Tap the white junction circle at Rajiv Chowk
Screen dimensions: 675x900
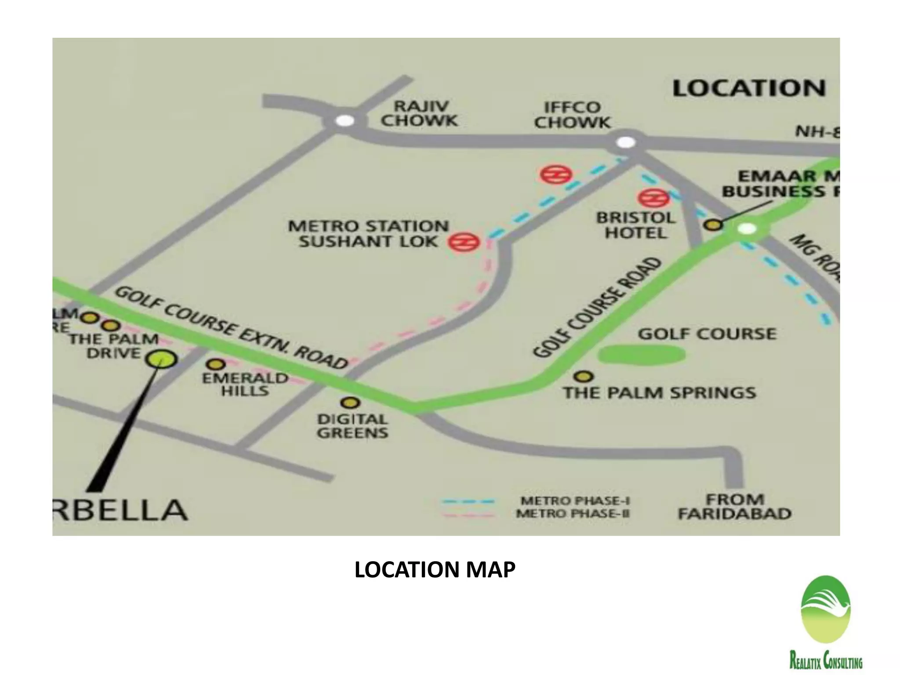click(345, 120)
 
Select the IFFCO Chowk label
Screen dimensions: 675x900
click(572, 115)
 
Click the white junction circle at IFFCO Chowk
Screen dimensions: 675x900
click(626, 142)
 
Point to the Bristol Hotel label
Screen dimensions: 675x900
click(635, 225)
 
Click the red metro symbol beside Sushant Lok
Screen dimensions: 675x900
click(464, 242)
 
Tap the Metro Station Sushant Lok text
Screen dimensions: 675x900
click(368, 233)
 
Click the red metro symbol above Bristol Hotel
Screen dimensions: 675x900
click(654, 198)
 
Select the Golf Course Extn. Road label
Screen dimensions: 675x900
click(231, 327)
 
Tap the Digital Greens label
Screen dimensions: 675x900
click(352, 426)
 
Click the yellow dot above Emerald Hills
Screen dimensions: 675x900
click(216, 364)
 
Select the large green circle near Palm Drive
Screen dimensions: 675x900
click(161, 359)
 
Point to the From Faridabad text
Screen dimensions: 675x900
click(734, 506)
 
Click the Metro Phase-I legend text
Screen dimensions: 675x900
click(575, 501)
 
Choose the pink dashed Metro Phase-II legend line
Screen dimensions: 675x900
click(468, 514)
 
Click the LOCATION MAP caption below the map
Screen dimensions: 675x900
click(435, 570)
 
